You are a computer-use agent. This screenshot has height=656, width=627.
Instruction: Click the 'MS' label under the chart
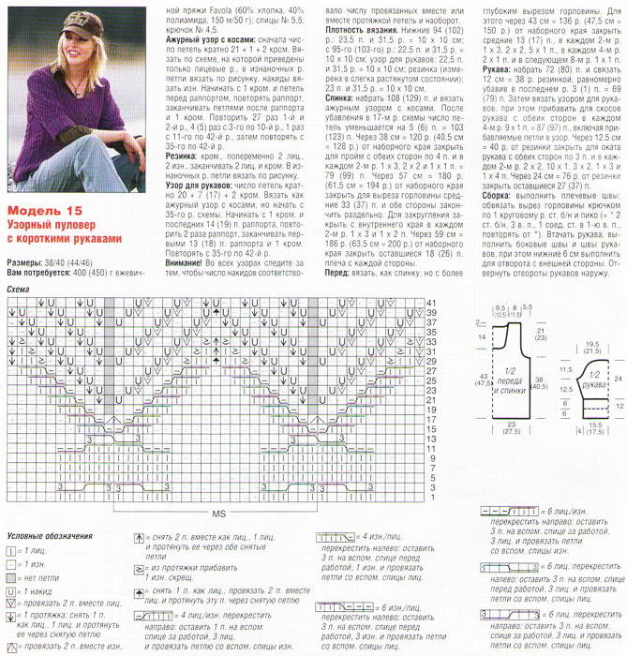click(x=218, y=515)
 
